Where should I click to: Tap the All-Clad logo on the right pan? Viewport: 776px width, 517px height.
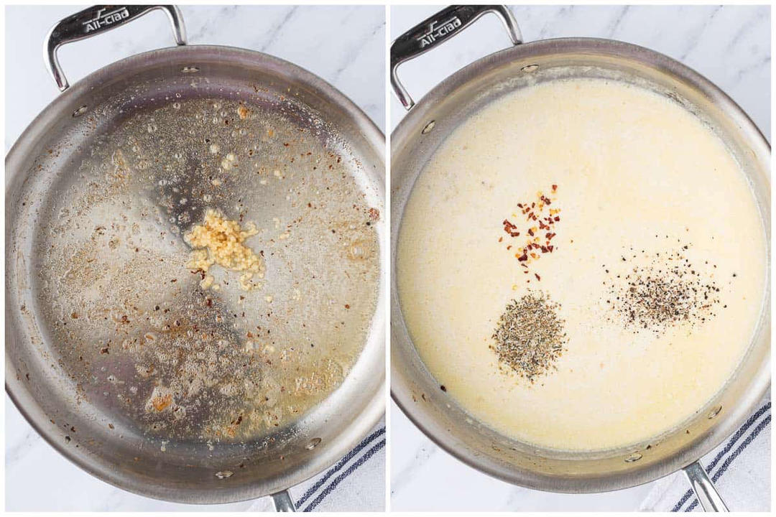(440, 31)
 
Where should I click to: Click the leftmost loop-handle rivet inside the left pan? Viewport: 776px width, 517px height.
(80, 111)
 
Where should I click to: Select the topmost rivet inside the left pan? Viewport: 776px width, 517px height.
(190, 70)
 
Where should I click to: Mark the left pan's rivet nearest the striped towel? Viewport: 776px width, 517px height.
(313, 443)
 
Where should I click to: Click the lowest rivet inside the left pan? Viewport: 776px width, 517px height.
(224, 474)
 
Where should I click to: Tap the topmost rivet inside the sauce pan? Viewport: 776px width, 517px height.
(530, 68)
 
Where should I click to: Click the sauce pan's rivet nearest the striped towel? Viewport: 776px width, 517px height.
(714, 411)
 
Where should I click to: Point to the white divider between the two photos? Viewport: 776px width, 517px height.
(388, 258)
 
